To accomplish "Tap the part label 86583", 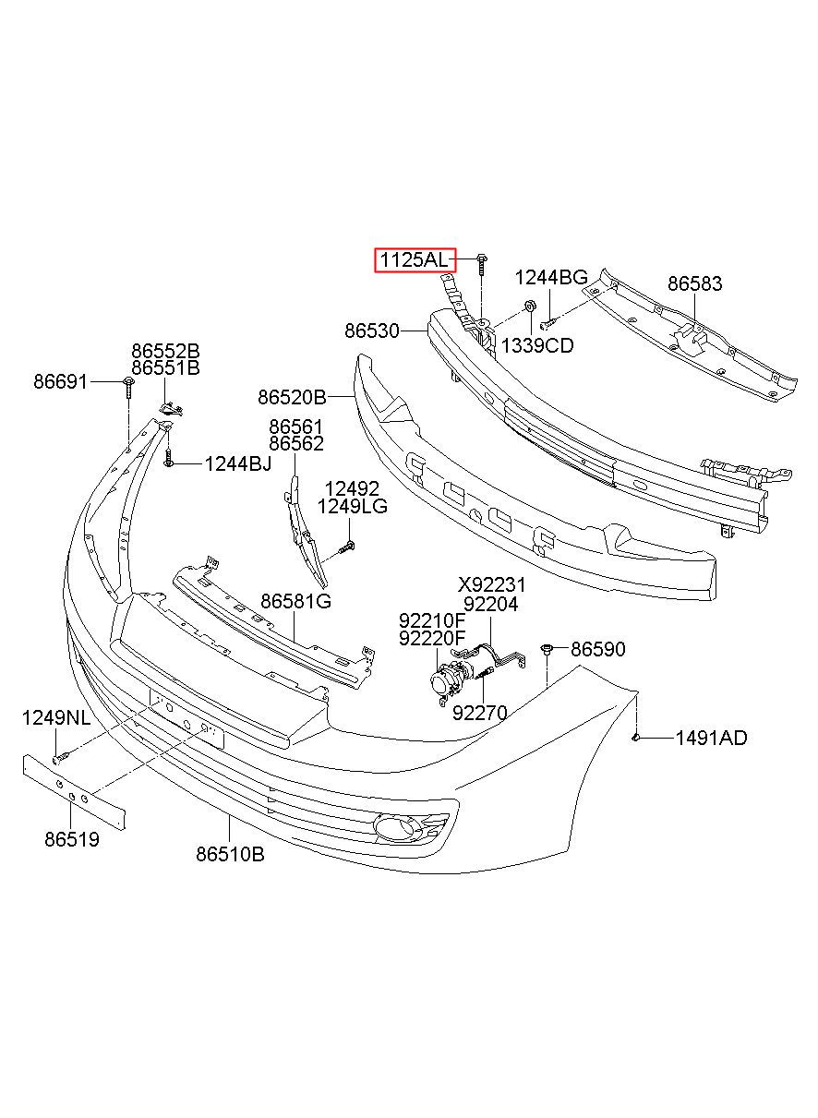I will coord(694,283).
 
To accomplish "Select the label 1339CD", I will coord(536,346).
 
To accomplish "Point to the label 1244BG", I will coord(550,277).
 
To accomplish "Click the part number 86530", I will coord(372,330).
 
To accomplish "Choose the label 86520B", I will coord(292,398).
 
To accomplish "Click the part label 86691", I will coord(61,380).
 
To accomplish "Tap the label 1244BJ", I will coord(238,463).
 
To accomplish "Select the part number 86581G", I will coord(295,602).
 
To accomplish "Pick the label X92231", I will coord(492,584).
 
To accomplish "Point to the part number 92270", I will coord(479,712).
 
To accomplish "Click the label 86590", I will coord(597,650).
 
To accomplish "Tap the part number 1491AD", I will coord(711,738).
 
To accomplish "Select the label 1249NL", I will coord(56,718).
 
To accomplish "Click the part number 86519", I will coord(71,839).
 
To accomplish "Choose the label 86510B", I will coord(230,855).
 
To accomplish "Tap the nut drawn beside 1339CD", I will coord(530,306).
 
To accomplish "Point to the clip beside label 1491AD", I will coord(637,737).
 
